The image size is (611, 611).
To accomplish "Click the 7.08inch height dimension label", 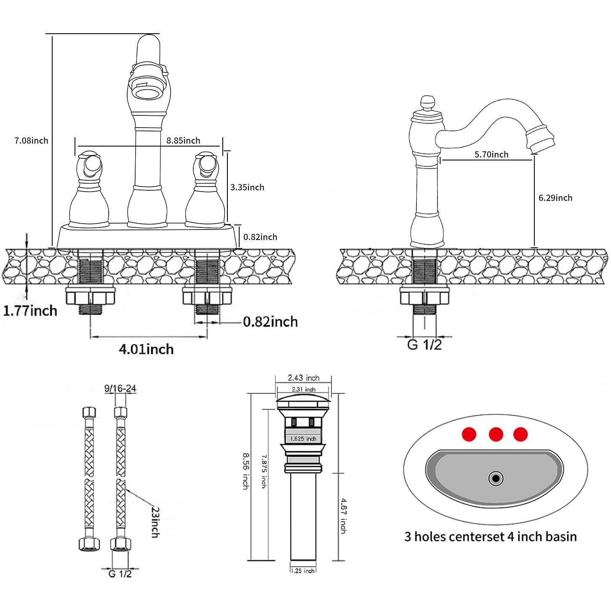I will (x=31, y=141).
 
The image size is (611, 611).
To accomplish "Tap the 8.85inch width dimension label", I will (x=183, y=141).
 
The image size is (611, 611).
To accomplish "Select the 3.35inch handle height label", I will (x=247, y=187).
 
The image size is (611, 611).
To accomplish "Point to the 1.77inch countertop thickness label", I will (x=30, y=311).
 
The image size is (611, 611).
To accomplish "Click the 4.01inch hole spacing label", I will (x=146, y=349).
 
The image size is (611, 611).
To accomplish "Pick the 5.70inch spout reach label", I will (x=491, y=155).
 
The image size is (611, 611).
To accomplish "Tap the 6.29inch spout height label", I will (x=555, y=198).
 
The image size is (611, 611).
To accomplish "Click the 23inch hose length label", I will (x=155, y=522).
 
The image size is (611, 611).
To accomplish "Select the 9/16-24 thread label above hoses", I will (x=120, y=388).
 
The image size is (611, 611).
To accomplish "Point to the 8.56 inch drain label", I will (x=245, y=471).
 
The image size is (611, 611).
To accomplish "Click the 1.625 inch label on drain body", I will (x=303, y=439).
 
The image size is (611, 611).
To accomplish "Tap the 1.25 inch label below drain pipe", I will (x=303, y=571).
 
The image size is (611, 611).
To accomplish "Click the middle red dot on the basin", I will (x=496, y=434).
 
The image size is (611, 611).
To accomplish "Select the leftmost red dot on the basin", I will (x=469, y=434).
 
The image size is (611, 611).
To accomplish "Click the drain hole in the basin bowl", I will (x=496, y=478).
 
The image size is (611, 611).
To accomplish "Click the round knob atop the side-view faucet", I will (x=427, y=102).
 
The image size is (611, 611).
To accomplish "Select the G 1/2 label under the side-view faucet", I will (x=424, y=344).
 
